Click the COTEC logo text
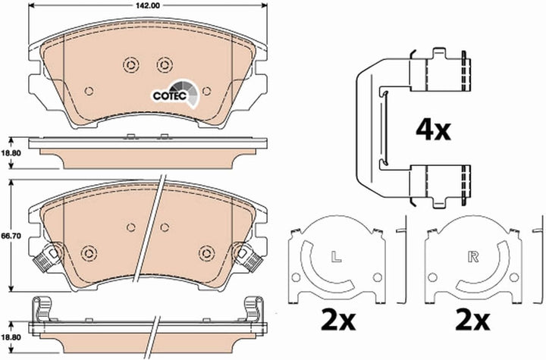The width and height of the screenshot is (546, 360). click(x=170, y=95)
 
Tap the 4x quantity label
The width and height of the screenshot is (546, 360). click(x=433, y=130)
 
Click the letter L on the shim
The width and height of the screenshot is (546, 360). click(x=336, y=257)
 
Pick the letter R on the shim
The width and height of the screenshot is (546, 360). click(x=473, y=257)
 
